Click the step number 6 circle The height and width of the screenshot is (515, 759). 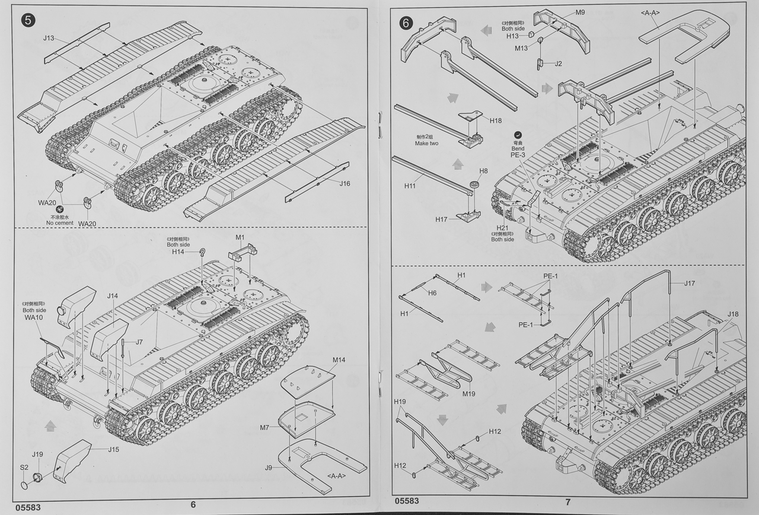[x=406, y=23]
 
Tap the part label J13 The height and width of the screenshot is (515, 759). [x=49, y=39]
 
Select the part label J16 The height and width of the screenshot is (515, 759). [x=345, y=183]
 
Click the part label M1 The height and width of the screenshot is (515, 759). [x=240, y=237]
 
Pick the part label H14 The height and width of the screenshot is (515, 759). [x=178, y=252]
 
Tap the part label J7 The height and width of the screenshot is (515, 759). [x=139, y=342]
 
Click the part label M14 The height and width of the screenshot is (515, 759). [x=339, y=360]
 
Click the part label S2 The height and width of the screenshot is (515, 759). [x=24, y=467]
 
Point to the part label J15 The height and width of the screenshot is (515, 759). [x=113, y=449]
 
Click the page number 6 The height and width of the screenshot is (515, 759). [x=193, y=504]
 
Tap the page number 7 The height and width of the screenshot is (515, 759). [x=567, y=502]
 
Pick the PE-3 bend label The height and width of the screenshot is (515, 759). [x=518, y=155]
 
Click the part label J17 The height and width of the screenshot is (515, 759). [x=689, y=283]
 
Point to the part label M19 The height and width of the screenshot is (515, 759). [x=468, y=393]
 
